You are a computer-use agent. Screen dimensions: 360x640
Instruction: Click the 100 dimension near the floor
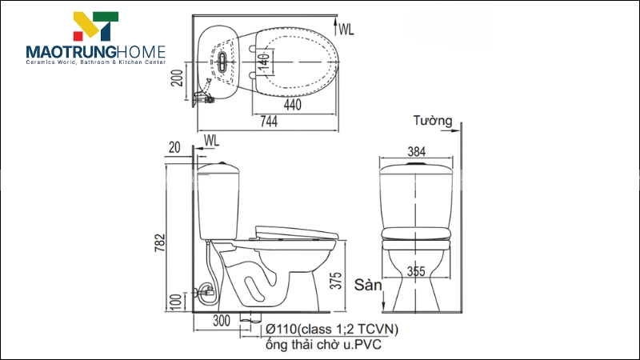coord(177,303)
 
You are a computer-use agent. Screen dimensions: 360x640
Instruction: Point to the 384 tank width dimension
coord(417,151)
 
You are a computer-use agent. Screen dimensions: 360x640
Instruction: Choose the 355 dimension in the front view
coord(416,270)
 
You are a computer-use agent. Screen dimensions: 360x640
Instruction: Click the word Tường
coord(433,122)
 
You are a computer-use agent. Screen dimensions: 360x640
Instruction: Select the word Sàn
coord(370,285)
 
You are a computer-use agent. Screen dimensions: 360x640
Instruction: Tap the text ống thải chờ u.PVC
coord(323,346)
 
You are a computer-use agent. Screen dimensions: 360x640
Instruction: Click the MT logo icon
coord(95,26)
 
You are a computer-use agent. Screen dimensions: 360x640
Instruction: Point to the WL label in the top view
coord(346,30)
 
